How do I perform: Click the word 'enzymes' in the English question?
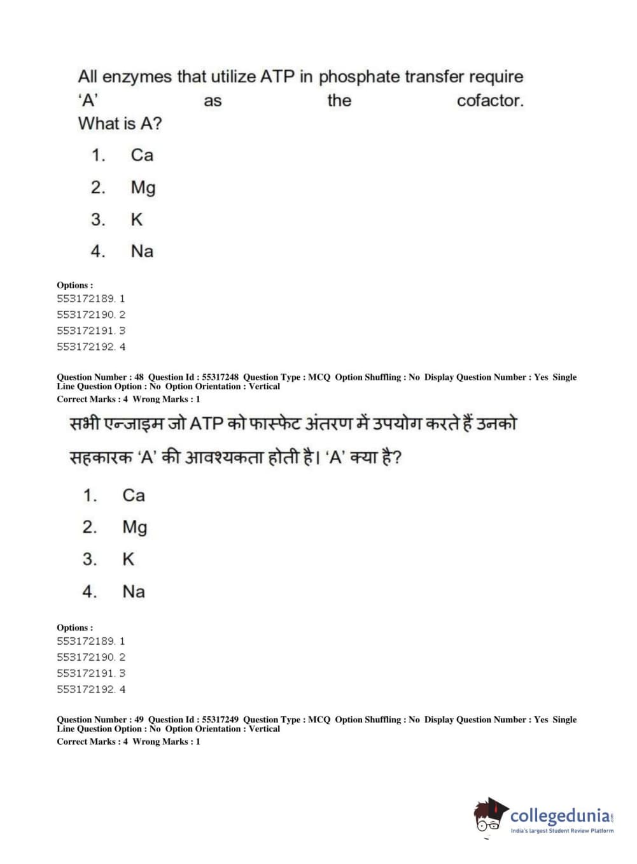(x=137, y=77)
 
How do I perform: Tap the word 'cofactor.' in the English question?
(x=490, y=101)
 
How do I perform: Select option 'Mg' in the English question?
(x=143, y=187)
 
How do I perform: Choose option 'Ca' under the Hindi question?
(x=134, y=495)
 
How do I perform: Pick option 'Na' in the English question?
(x=142, y=251)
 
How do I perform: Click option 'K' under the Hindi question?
(x=128, y=559)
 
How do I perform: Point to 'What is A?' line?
(x=120, y=124)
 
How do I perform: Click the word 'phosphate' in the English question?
(x=359, y=77)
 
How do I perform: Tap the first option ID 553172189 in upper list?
(x=86, y=298)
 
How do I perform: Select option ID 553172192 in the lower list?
(x=86, y=689)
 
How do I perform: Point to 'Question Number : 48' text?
(x=100, y=377)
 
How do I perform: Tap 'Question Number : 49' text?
(x=100, y=719)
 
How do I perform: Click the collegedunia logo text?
(x=559, y=816)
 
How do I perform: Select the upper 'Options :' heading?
(x=74, y=285)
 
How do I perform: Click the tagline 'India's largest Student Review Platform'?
(x=562, y=831)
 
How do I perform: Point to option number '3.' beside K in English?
(x=97, y=220)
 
